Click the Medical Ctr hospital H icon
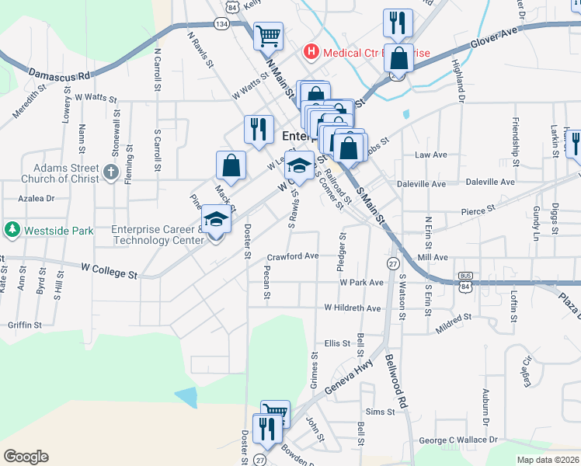(x=311, y=52)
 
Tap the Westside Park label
(x=59, y=231)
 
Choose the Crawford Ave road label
(x=293, y=256)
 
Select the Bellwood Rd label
(x=396, y=382)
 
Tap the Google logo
(x=26, y=457)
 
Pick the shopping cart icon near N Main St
(x=268, y=35)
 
